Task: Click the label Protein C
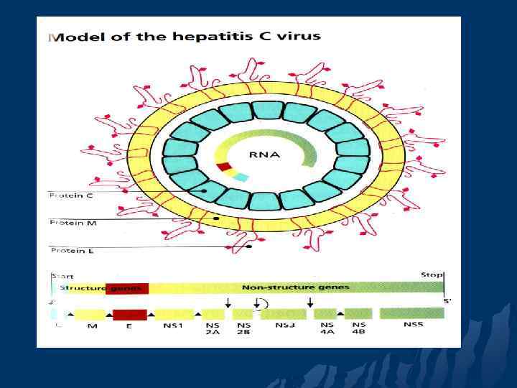(x=71, y=195)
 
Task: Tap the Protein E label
(x=71, y=250)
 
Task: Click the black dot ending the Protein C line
(x=204, y=191)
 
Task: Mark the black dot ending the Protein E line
(x=248, y=246)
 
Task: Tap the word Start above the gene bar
(x=62, y=276)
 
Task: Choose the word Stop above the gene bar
(x=431, y=275)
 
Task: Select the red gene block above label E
(x=129, y=315)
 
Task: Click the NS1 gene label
(x=173, y=326)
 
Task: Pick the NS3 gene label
(x=285, y=325)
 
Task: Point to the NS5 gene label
(x=413, y=325)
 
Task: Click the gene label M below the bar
(x=92, y=326)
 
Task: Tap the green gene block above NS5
(x=411, y=313)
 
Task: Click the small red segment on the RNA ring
(x=223, y=167)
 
